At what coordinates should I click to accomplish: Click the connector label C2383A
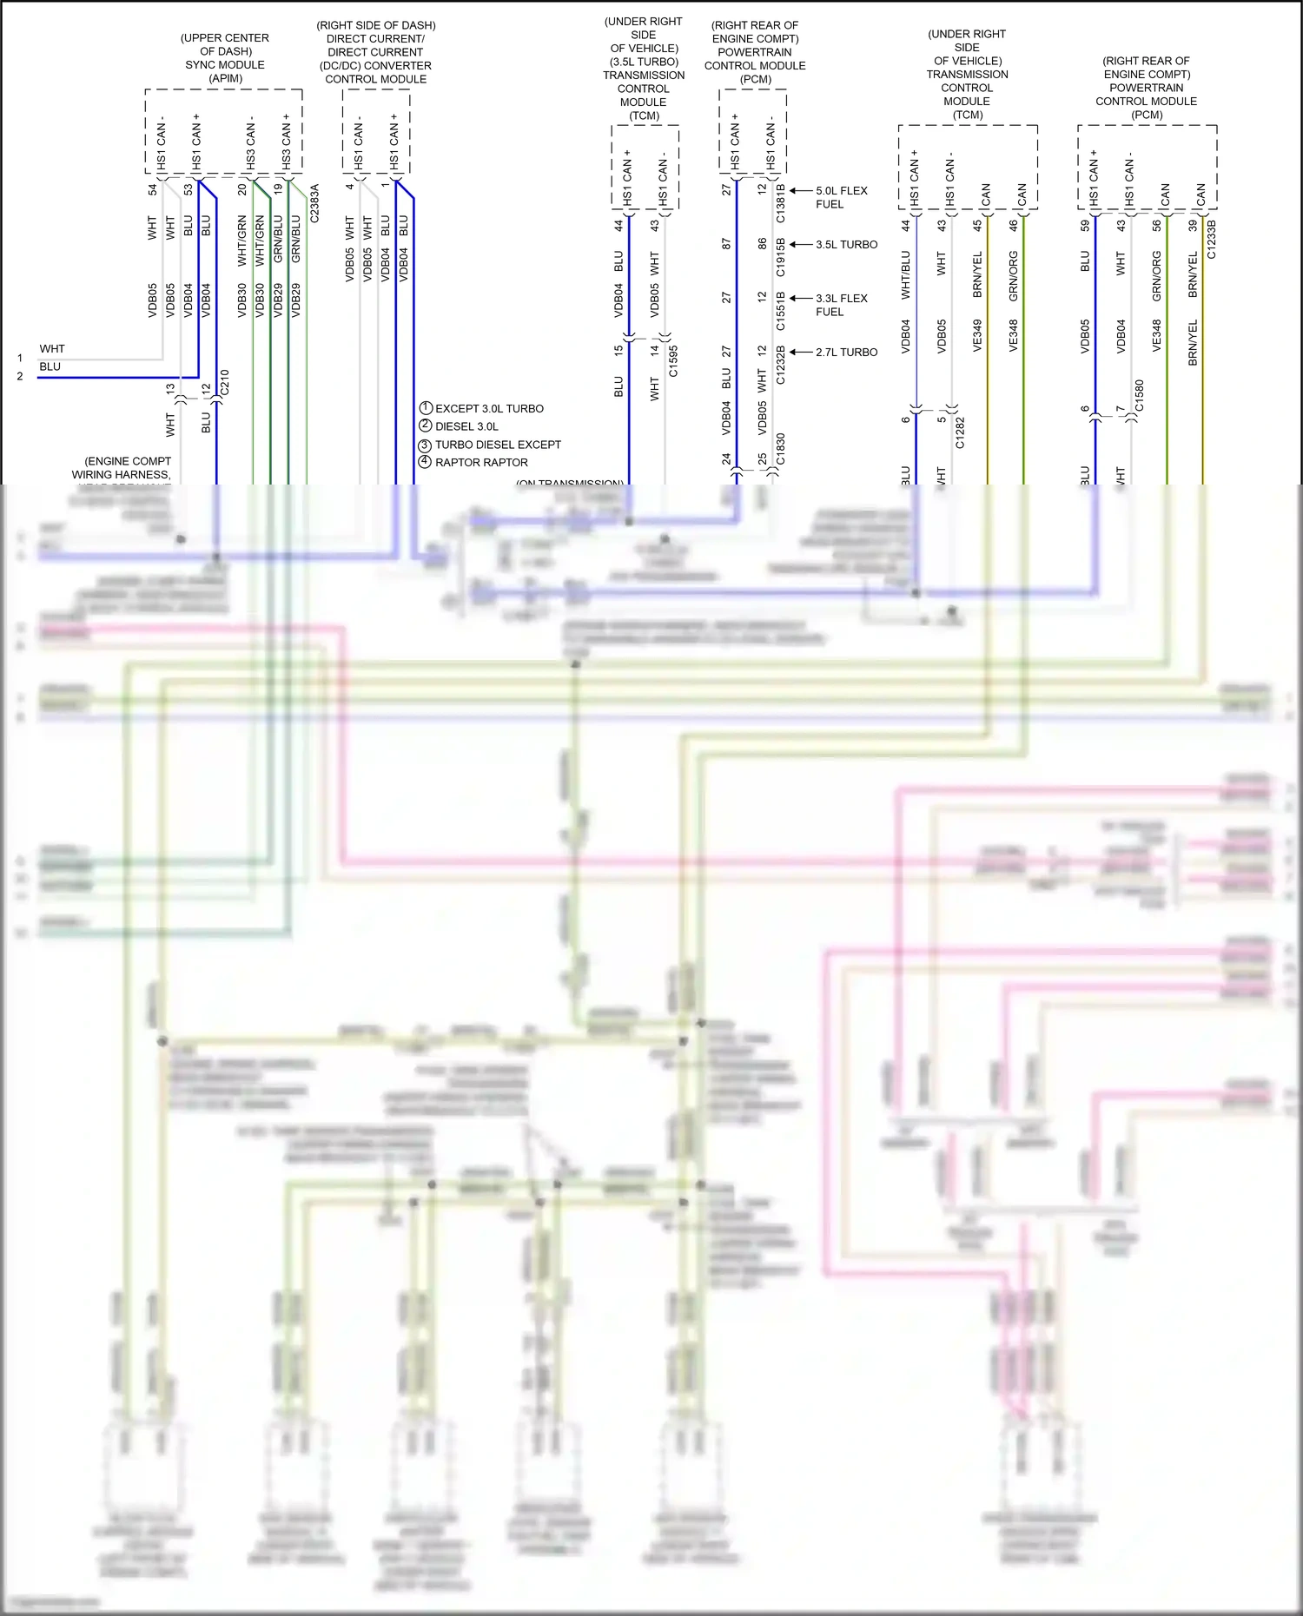[314, 203]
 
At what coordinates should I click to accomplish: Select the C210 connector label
[225, 382]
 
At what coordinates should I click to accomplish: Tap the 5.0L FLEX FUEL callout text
[840, 197]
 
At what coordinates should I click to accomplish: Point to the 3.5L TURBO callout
[846, 245]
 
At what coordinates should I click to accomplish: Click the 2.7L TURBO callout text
[846, 353]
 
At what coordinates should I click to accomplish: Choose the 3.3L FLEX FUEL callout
[840, 305]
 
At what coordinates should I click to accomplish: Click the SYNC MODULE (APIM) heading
[225, 58]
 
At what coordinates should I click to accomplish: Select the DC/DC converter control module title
[375, 52]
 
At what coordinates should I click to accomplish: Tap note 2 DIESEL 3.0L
[466, 426]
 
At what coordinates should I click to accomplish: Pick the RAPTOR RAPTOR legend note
[480, 463]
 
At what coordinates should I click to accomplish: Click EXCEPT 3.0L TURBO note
[488, 408]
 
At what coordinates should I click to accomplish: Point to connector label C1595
[673, 360]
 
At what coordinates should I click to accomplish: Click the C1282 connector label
[960, 432]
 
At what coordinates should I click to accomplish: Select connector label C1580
[1139, 396]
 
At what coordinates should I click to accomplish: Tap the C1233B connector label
[1212, 239]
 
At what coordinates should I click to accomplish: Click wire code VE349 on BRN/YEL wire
[977, 335]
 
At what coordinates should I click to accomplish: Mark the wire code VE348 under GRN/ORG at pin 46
[1013, 335]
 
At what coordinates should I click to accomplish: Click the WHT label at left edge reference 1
[52, 349]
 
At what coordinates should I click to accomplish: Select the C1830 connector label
[780, 450]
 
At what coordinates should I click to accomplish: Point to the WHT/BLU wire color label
[906, 274]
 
